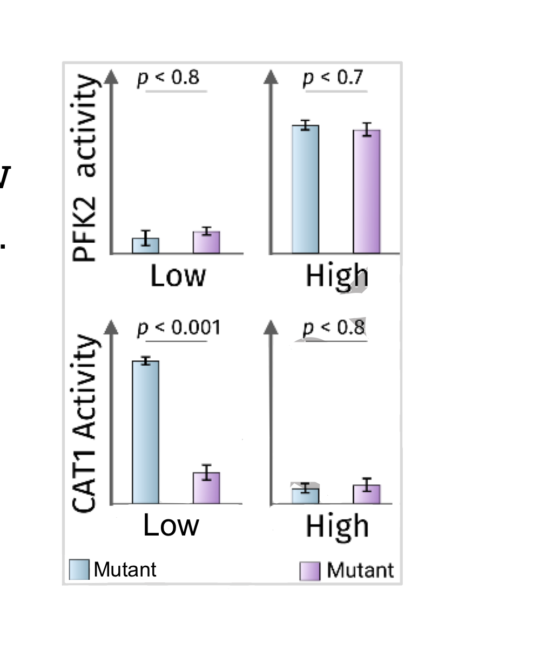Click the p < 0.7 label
[333, 78]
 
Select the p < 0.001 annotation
[179, 327]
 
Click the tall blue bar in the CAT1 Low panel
[146, 431]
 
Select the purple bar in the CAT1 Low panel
[206, 488]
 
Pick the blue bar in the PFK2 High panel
[306, 189]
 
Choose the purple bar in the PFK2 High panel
[367, 191]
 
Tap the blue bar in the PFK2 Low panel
[146, 245]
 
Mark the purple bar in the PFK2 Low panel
[206, 242]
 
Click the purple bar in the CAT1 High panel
[367, 494]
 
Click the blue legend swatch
[79, 569]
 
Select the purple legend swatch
[310, 571]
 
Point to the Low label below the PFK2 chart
[178, 276]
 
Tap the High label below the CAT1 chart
[337, 526]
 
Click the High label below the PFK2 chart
[337, 276]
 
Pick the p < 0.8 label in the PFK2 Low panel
[167, 78]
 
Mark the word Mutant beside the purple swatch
[360, 570]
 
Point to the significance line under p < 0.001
[176, 341]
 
